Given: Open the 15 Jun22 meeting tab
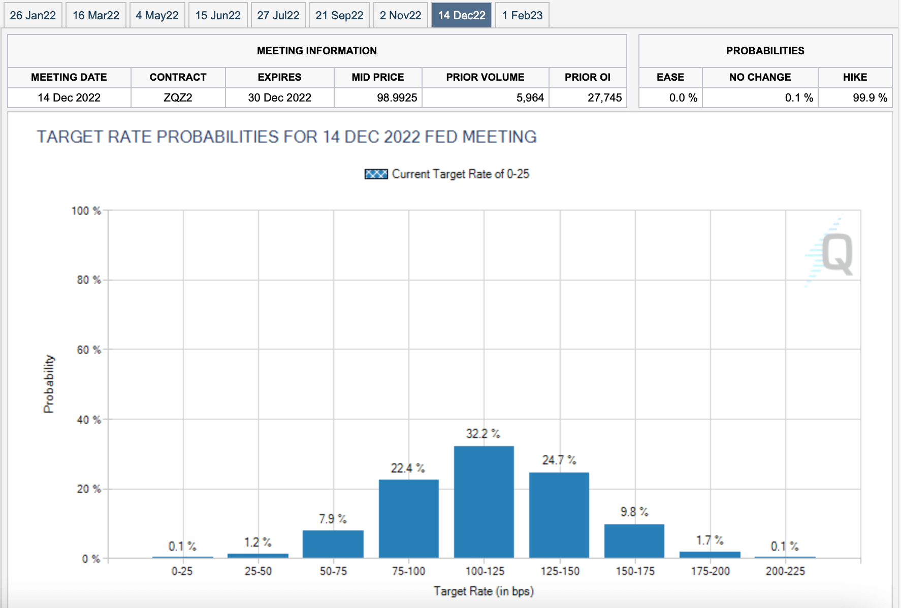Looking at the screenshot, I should pos(218,15).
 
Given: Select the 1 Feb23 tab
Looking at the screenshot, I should pos(522,15).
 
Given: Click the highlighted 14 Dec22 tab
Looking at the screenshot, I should pos(462,15).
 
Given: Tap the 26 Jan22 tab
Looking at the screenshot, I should pos(33,15).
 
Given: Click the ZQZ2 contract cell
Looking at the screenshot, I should pos(178,97).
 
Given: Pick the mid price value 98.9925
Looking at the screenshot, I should pos(397,97).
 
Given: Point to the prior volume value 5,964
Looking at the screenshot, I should pos(530,97).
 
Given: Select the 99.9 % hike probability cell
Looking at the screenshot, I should pos(870,97).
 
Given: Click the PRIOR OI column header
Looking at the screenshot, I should pos(587,77).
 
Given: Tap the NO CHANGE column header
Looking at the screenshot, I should pos(760,77).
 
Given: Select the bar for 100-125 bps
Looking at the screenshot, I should pos(484,502).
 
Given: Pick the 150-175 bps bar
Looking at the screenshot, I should pos(634,541).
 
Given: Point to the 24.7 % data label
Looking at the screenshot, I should pos(559,460).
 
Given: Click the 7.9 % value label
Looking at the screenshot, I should pos(333,519).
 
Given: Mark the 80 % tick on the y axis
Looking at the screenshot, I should pos(89,280).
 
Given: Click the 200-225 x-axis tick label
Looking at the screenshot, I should pos(785,571).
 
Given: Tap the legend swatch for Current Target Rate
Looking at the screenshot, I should pos(376,174).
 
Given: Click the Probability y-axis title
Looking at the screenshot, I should pos(49,384).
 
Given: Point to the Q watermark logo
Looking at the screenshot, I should pos(836,254).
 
